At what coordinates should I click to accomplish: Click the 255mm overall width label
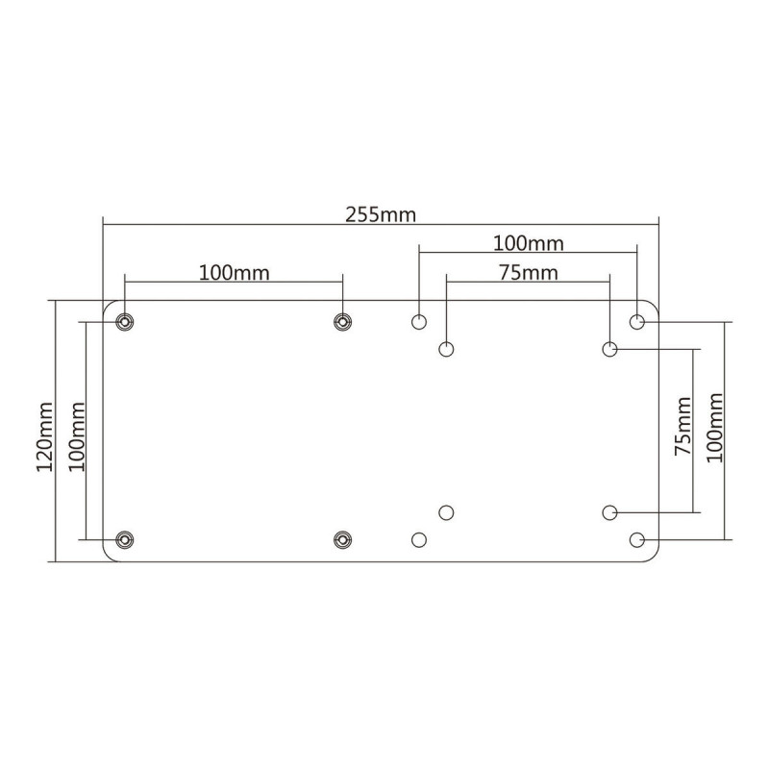click(381, 213)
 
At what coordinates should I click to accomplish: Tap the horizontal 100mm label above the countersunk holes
click(234, 271)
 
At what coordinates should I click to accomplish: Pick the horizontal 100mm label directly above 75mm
click(528, 242)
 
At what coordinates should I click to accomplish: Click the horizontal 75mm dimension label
click(528, 272)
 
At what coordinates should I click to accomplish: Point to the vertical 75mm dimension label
click(681, 430)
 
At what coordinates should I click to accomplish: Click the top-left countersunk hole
click(124, 321)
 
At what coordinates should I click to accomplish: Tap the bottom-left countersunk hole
click(124, 539)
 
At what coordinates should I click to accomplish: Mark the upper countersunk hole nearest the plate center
click(342, 321)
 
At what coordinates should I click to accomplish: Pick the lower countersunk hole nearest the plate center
click(342, 539)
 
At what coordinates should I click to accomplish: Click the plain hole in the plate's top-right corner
click(637, 321)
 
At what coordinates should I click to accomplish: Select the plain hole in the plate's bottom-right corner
click(637, 539)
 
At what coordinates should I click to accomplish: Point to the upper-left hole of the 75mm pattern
click(446, 349)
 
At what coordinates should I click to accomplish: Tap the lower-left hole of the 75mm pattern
click(446, 512)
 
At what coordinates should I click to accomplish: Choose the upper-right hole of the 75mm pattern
click(609, 349)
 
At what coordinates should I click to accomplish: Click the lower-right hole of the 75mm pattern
click(609, 512)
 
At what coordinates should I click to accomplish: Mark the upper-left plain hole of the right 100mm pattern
click(419, 321)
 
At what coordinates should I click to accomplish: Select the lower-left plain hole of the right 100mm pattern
click(419, 539)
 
